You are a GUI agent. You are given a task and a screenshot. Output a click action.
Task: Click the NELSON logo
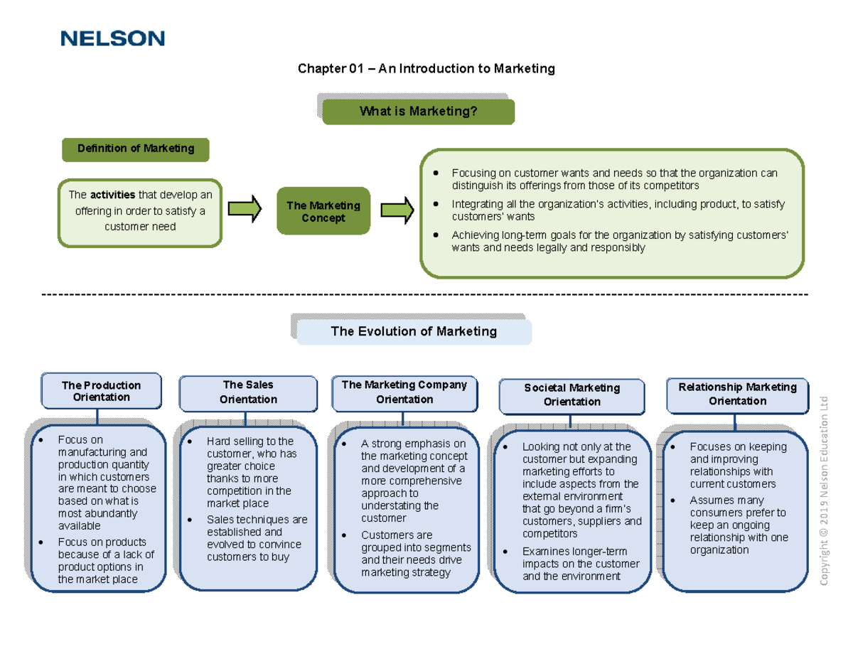113,38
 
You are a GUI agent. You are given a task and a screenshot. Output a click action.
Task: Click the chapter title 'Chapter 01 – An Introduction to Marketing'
425,69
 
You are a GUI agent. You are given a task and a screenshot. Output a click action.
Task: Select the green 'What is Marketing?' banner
418,112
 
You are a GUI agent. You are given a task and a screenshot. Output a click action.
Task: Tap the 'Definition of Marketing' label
136,149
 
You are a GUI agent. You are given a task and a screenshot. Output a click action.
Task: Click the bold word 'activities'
107,195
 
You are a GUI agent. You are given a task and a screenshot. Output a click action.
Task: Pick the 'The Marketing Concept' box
323,211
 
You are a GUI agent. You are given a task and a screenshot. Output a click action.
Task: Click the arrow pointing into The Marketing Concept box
245,210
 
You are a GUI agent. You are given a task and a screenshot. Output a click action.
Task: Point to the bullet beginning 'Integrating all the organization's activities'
618,210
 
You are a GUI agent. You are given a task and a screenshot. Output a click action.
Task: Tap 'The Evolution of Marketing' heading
414,331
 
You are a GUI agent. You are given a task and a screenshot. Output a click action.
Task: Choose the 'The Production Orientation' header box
101,391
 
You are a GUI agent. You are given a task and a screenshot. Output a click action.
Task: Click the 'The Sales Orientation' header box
248,392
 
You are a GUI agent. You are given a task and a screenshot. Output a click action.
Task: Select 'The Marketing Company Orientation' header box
404,392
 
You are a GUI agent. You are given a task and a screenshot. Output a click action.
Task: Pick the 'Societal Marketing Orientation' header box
572,395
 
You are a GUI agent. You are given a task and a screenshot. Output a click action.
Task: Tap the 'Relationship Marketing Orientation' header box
737,394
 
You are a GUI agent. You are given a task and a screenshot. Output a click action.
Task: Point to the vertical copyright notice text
825,491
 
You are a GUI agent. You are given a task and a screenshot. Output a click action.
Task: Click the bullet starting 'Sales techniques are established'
256,538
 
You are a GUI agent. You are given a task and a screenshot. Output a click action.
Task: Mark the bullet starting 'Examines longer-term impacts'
580,564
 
